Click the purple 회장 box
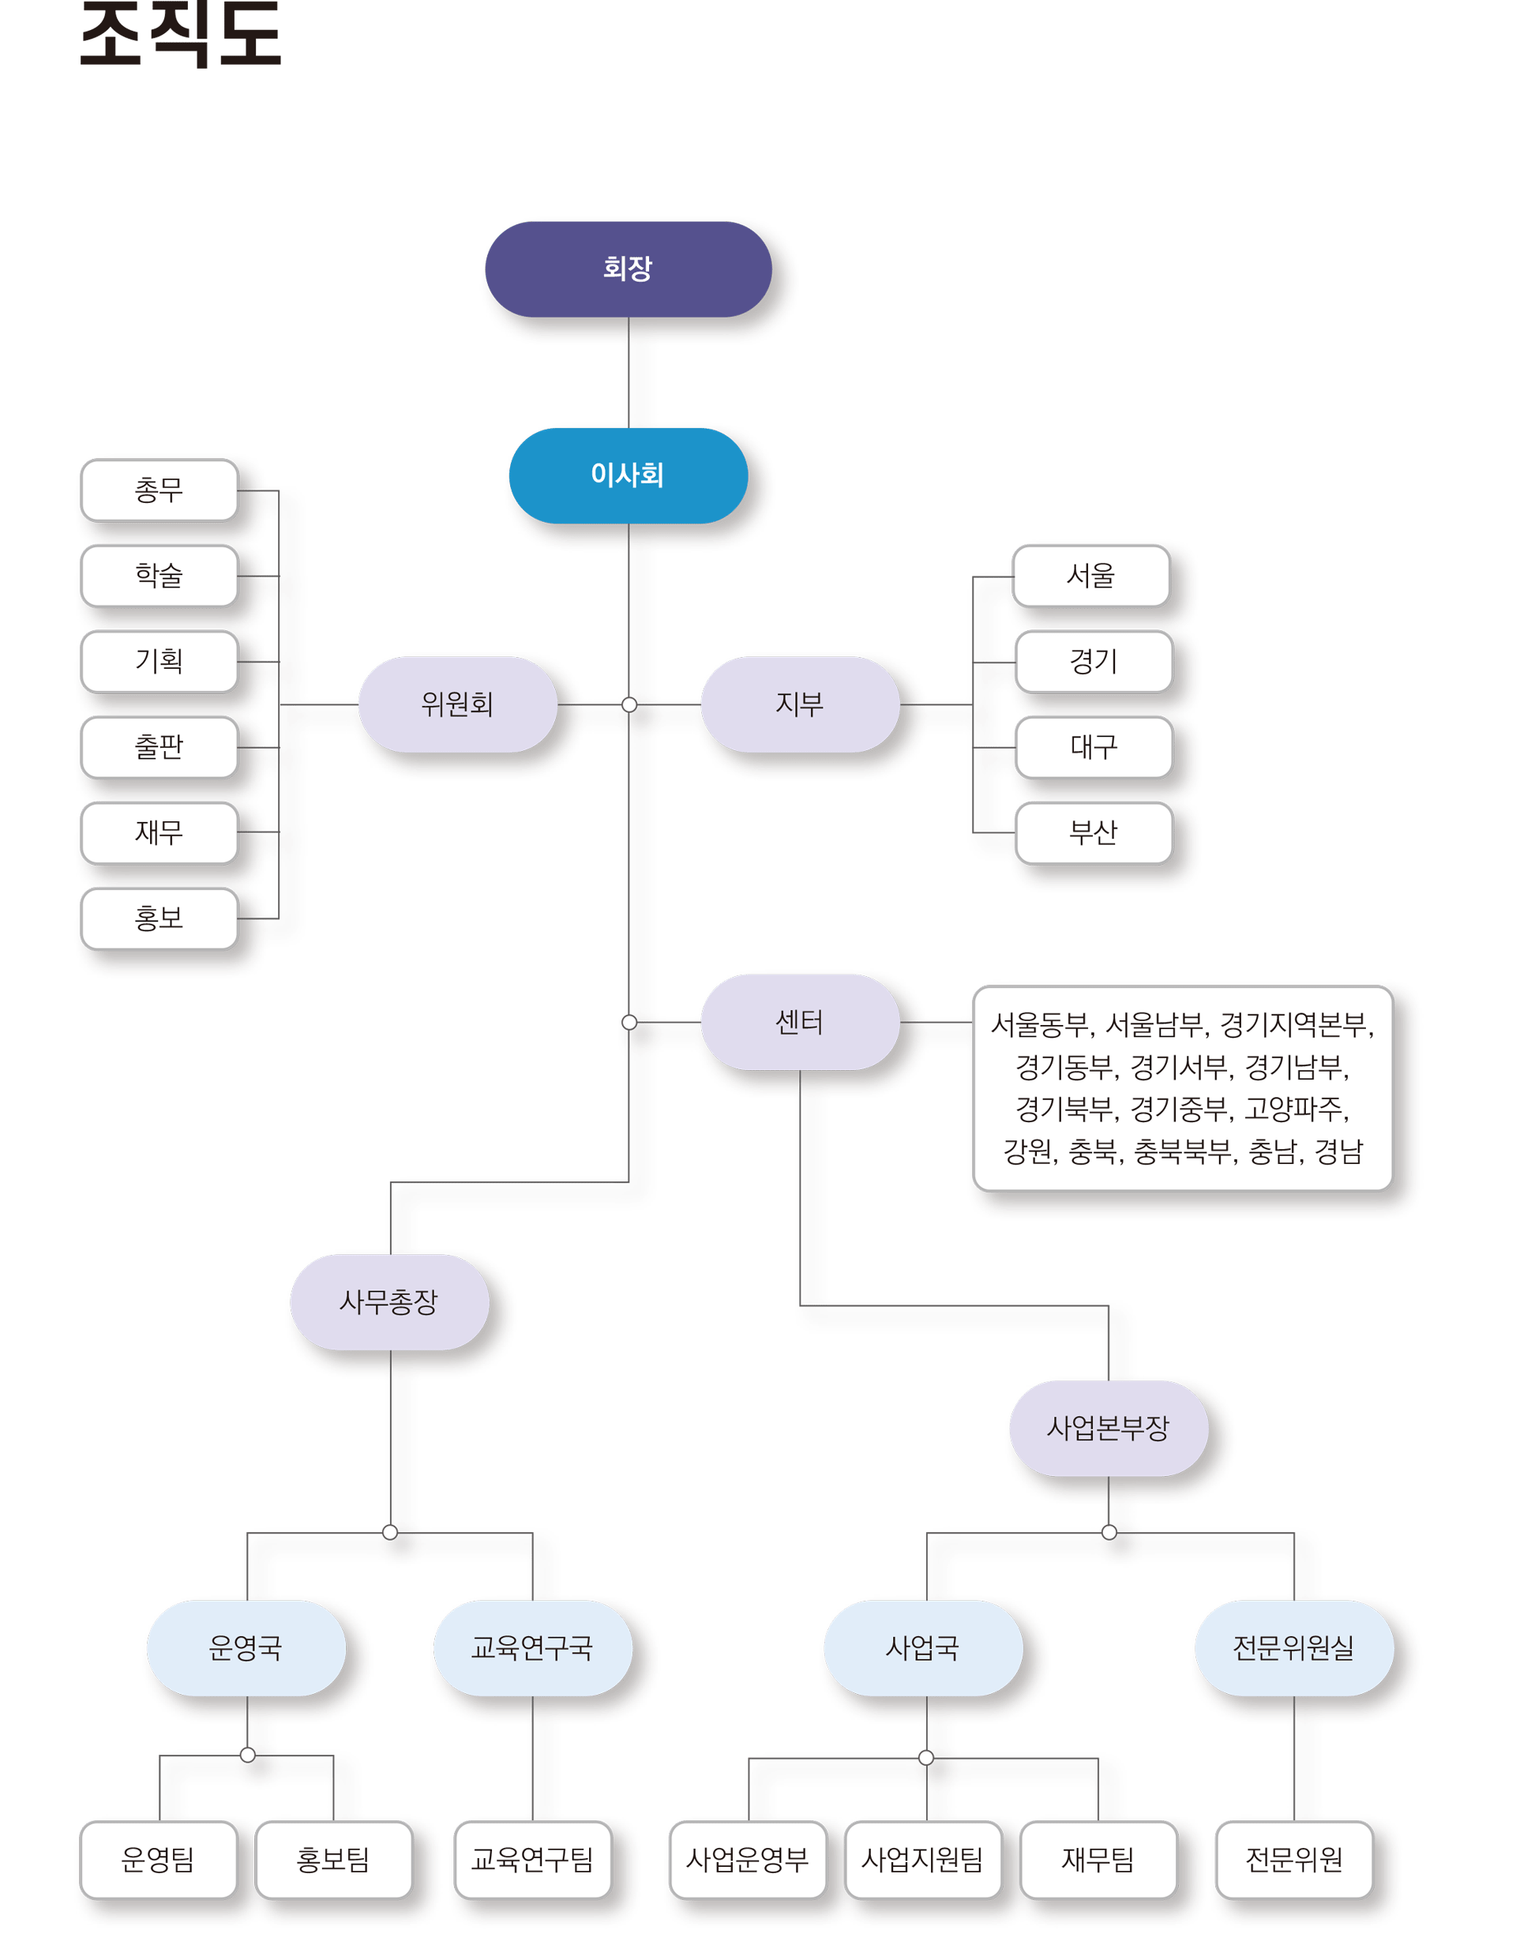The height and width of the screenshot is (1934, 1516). [628, 268]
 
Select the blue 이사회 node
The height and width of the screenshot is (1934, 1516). [628, 475]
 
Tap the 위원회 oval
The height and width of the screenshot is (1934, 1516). [457, 704]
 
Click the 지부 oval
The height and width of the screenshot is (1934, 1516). [800, 704]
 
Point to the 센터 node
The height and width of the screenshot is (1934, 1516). [800, 1022]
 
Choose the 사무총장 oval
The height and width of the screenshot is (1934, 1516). [388, 1301]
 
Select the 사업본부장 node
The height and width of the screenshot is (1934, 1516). [1108, 1427]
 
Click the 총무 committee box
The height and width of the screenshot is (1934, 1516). [159, 489]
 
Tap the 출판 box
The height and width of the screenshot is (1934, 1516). [159, 746]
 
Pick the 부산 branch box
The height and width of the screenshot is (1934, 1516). [1094, 832]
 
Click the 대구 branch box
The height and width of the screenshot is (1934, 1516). [1094, 746]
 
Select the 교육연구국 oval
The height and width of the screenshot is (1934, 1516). [531, 1647]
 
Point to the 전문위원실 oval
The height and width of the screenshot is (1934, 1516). [1293, 1647]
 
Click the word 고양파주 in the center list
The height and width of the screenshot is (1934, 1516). [1295, 1109]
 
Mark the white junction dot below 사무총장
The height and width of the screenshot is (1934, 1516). [389, 1532]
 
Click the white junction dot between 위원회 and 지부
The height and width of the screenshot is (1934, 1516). [629, 704]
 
